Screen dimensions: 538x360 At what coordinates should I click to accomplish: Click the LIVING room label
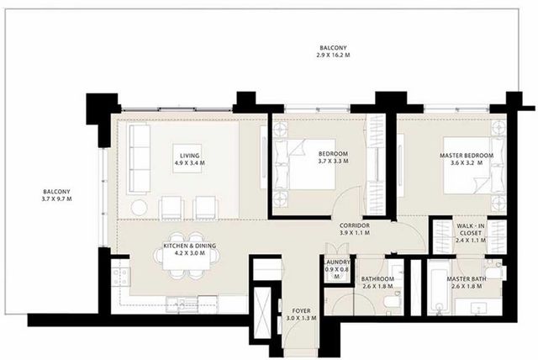pyautogui.click(x=190, y=156)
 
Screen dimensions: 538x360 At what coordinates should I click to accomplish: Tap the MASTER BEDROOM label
pyautogui.click(x=467, y=156)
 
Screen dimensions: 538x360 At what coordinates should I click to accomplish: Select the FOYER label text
pyautogui.click(x=301, y=311)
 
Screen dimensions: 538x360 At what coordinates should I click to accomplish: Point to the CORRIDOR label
pyautogui.click(x=355, y=225)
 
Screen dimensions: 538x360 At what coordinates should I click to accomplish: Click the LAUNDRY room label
pyautogui.click(x=336, y=262)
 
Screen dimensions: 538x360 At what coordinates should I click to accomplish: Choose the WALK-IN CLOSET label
pyautogui.click(x=471, y=230)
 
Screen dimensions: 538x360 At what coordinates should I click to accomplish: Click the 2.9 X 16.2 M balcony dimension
pyautogui.click(x=333, y=55)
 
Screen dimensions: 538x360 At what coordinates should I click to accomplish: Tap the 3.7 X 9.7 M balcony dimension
pyautogui.click(x=56, y=199)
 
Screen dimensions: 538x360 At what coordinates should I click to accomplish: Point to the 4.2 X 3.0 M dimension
pyautogui.click(x=190, y=253)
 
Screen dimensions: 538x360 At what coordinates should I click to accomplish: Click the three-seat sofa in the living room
pyautogui.click(x=140, y=159)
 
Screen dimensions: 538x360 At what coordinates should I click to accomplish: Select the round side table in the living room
pyautogui.click(x=139, y=208)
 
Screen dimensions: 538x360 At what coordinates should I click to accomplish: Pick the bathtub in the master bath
pyautogui.click(x=440, y=288)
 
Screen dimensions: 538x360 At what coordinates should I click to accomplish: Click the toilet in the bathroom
pyautogui.click(x=391, y=301)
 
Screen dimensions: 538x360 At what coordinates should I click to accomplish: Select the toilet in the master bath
pyautogui.click(x=495, y=271)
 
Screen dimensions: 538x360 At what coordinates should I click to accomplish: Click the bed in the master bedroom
pyautogui.click(x=474, y=166)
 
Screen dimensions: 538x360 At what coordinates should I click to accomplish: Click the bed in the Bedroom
pyautogui.click(x=304, y=164)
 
